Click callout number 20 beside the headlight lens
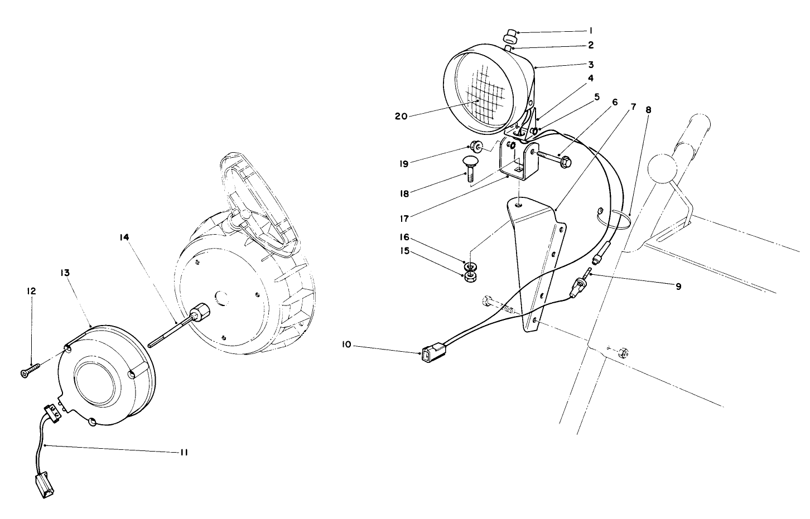pos(401,116)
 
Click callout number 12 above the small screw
pos(31,291)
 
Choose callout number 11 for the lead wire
pos(182,453)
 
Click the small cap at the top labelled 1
pos(509,37)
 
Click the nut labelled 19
pos(476,147)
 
